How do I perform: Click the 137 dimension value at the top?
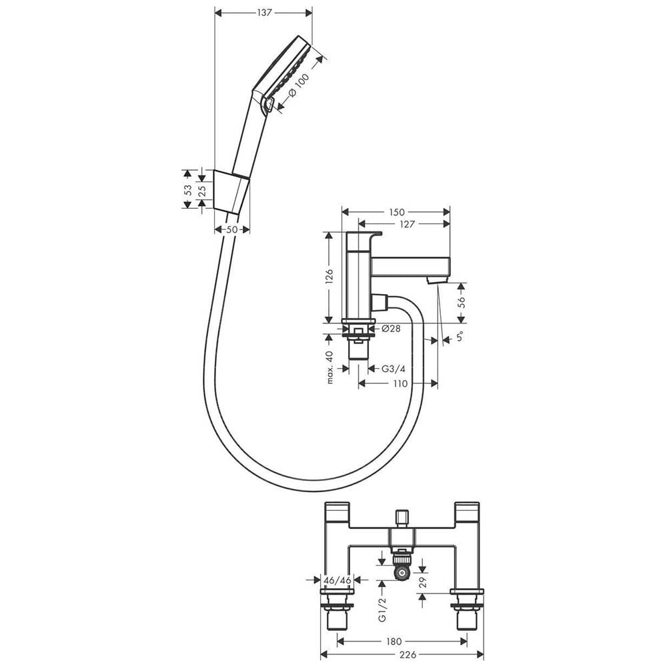[x=264, y=13]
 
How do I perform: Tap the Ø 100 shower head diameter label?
[x=298, y=86]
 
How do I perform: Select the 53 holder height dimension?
[x=187, y=189]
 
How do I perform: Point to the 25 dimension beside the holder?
[x=202, y=189]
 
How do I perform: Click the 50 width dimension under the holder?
[x=231, y=229]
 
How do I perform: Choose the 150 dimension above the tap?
[x=396, y=212]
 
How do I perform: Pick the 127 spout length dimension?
[x=407, y=223]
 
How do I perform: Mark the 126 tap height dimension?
[x=329, y=277]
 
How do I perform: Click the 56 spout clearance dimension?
[x=461, y=302]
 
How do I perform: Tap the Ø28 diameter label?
[x=391, y=328]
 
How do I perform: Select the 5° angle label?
[x=460, y=337]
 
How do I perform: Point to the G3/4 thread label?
[x=393, y=369]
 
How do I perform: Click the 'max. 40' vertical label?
[x=330, y=368]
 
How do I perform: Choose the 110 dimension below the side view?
[x=400, y=384]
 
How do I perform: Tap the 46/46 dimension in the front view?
[x=338, y=580]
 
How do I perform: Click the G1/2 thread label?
[x=382, y=609]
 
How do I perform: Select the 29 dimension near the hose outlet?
[x=422, y=582]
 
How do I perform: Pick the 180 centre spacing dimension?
[x=394, y=642]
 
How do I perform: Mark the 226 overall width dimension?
[x=408, y=655]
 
